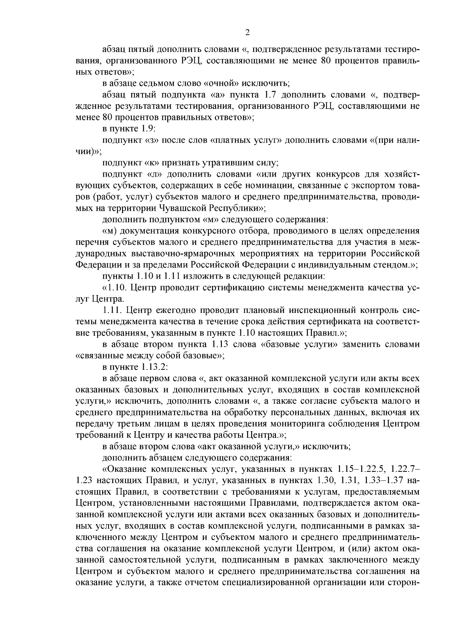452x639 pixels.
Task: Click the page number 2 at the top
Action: coord(247,32)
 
